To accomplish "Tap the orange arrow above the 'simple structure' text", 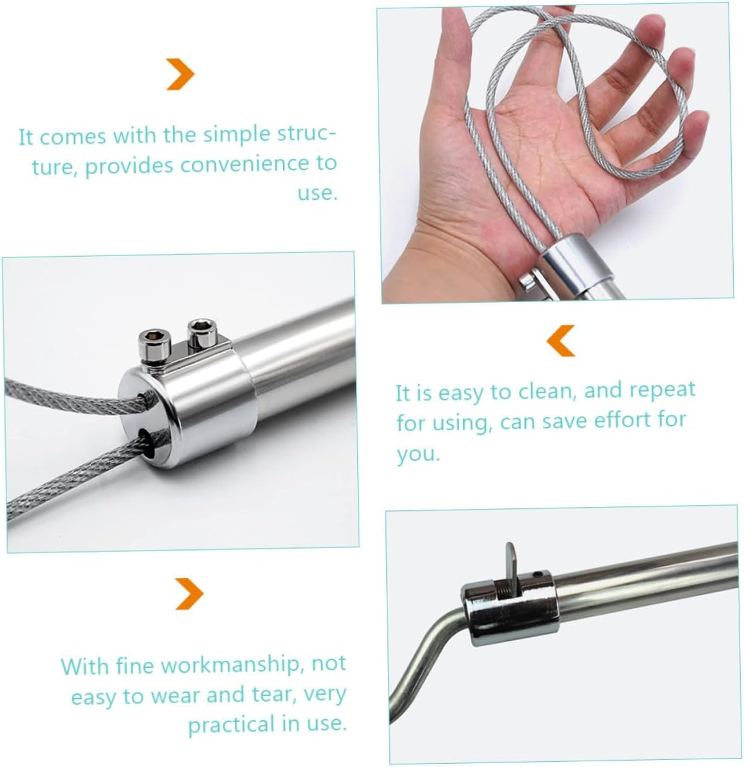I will point(180,74).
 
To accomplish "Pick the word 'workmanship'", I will point(230,665).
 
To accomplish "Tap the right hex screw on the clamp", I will point(198,332).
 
